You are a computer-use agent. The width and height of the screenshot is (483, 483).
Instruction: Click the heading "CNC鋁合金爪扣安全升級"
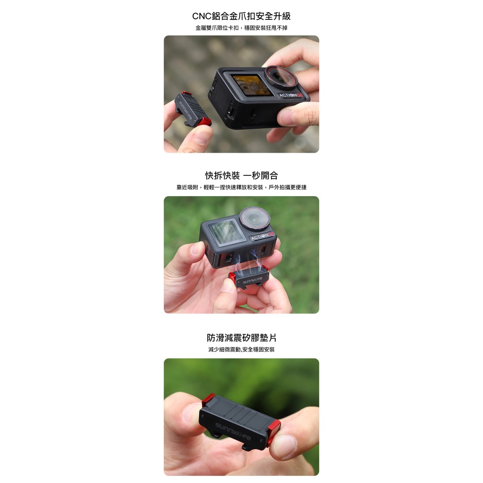[241, 16]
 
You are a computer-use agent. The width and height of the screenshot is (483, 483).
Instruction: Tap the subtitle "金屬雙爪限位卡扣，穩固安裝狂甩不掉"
[241, 28]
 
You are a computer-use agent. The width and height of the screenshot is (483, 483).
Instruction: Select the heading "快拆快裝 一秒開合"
[241, 175]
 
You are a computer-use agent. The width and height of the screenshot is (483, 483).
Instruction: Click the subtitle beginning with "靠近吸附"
[241, 187]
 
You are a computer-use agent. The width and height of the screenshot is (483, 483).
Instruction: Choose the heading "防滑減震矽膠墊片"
[241, 337]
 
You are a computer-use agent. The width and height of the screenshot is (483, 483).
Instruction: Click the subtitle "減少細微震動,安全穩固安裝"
[241, 349]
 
